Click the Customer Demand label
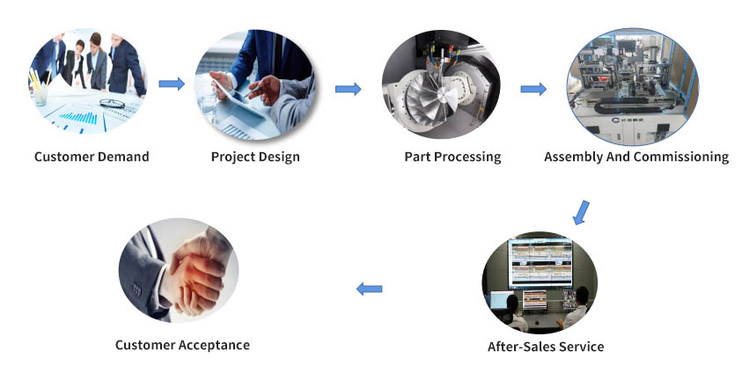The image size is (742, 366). [92, 157]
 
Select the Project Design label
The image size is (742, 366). [255, 157]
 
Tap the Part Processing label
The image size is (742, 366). [452, 157]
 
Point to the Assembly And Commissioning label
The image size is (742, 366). [636, 157]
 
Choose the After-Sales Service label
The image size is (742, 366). [546, 347]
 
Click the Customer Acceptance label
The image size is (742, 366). [183, 345]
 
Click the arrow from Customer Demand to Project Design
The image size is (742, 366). [172, 84]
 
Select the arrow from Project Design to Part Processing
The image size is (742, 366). [349, 89]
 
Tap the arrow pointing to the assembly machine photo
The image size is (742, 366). [533, 89]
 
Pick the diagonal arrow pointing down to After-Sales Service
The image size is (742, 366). [581, 212]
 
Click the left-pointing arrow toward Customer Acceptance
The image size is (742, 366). [369, 289]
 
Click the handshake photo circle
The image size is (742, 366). [179, 270]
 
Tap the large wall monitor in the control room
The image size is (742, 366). [540, 263]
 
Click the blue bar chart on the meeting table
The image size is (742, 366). [78, 117]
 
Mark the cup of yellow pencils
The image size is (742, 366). [40, 89]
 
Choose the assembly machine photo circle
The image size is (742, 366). [633, 86]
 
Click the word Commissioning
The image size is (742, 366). [681, 157]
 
